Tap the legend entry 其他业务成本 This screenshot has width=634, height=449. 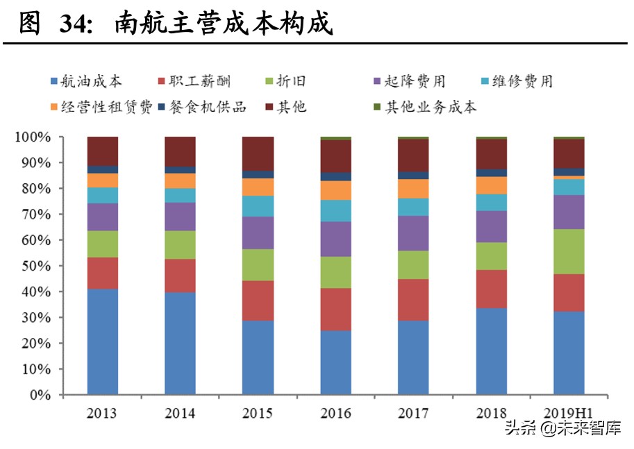431,107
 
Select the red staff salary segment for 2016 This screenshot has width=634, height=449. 335,309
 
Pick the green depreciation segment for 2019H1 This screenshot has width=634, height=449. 569,251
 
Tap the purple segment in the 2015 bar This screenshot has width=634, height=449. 258,232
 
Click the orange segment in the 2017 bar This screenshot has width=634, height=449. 413,189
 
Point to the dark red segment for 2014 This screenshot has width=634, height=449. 180,151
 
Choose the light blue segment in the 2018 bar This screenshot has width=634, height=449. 491,202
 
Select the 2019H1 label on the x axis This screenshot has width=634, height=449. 569,414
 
